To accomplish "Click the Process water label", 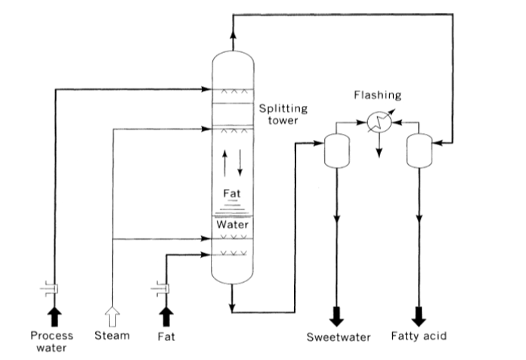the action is pos(51,342).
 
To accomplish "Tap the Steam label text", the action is pos(112,336).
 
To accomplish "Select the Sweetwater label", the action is pos(339,337).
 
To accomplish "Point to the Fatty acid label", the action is pos(419,336).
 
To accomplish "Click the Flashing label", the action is pos(377,95).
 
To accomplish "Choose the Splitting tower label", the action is pos(283,114).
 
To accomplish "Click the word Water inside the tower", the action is pos(232,225).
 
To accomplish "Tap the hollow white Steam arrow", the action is pos(112,316).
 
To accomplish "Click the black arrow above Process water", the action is pos(54,316).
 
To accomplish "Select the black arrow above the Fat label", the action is pos(166,316).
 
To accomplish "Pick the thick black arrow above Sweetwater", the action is pos(336,316).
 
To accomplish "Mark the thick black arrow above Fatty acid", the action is pos(419,316).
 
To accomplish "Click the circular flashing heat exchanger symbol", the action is pos(379,122).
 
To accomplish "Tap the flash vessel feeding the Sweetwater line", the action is pos(337,151).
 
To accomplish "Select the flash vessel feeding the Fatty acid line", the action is pos(419,151).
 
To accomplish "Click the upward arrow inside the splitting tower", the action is pos(224,163).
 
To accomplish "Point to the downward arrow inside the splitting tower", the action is pos(240,163).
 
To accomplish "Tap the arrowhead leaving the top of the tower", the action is pos(233,33).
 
